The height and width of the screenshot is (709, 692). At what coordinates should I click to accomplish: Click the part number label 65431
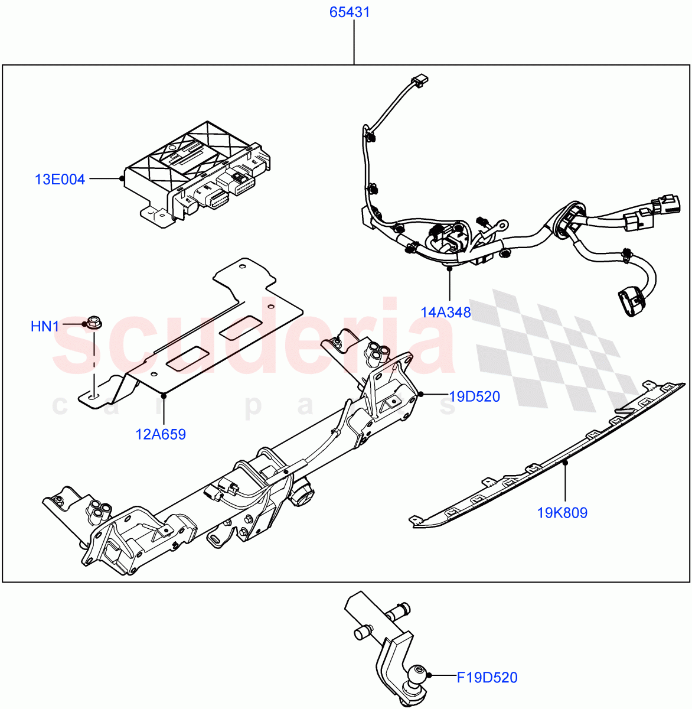point(350,12)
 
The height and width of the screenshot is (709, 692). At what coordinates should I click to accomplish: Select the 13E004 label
point(60,179)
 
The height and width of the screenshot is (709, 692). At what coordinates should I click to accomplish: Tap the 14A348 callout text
point(446,312)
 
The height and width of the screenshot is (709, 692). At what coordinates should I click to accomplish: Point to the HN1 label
point(45,326)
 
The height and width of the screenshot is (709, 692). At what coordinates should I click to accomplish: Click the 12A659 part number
point(161,435)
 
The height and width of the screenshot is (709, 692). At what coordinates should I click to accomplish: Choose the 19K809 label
point(562,513)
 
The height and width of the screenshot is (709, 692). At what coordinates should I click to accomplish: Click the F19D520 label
point(487,678)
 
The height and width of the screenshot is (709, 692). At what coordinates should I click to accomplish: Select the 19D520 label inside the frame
point(474,396)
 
